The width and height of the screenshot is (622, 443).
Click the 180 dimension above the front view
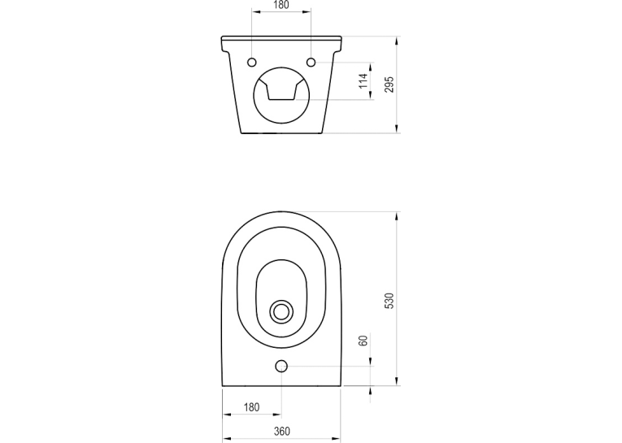coord(281,5)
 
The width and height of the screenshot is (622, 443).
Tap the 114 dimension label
coord(363,81)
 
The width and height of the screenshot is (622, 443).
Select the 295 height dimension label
coord(389,85)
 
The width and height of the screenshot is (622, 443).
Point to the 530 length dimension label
coord(389,301)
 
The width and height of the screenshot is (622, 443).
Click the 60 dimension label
coord(363,341)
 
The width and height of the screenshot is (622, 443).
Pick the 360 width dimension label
coord(281,431)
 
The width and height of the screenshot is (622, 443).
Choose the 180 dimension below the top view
coord(251,407)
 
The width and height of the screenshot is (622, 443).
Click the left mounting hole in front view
coord(252,63)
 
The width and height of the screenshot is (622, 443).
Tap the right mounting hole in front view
coord(311,63)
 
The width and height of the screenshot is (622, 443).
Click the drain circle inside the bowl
coord(281,311)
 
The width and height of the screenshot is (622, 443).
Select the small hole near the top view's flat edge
coord(281,367)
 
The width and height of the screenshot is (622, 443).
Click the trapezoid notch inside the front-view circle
coord(281,89)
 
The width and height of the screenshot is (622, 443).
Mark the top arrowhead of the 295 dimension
coord(397,41)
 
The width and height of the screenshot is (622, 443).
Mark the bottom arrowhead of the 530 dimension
coord(397,380)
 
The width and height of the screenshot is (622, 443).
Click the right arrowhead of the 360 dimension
coord(336,439)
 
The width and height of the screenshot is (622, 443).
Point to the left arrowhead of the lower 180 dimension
coord(227,415)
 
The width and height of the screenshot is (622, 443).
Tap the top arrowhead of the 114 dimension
coord(371,67)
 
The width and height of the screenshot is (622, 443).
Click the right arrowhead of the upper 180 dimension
coord(307,12)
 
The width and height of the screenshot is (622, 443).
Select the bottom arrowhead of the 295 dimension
coord(397,128)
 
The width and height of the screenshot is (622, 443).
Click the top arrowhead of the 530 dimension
coord(397,216)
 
